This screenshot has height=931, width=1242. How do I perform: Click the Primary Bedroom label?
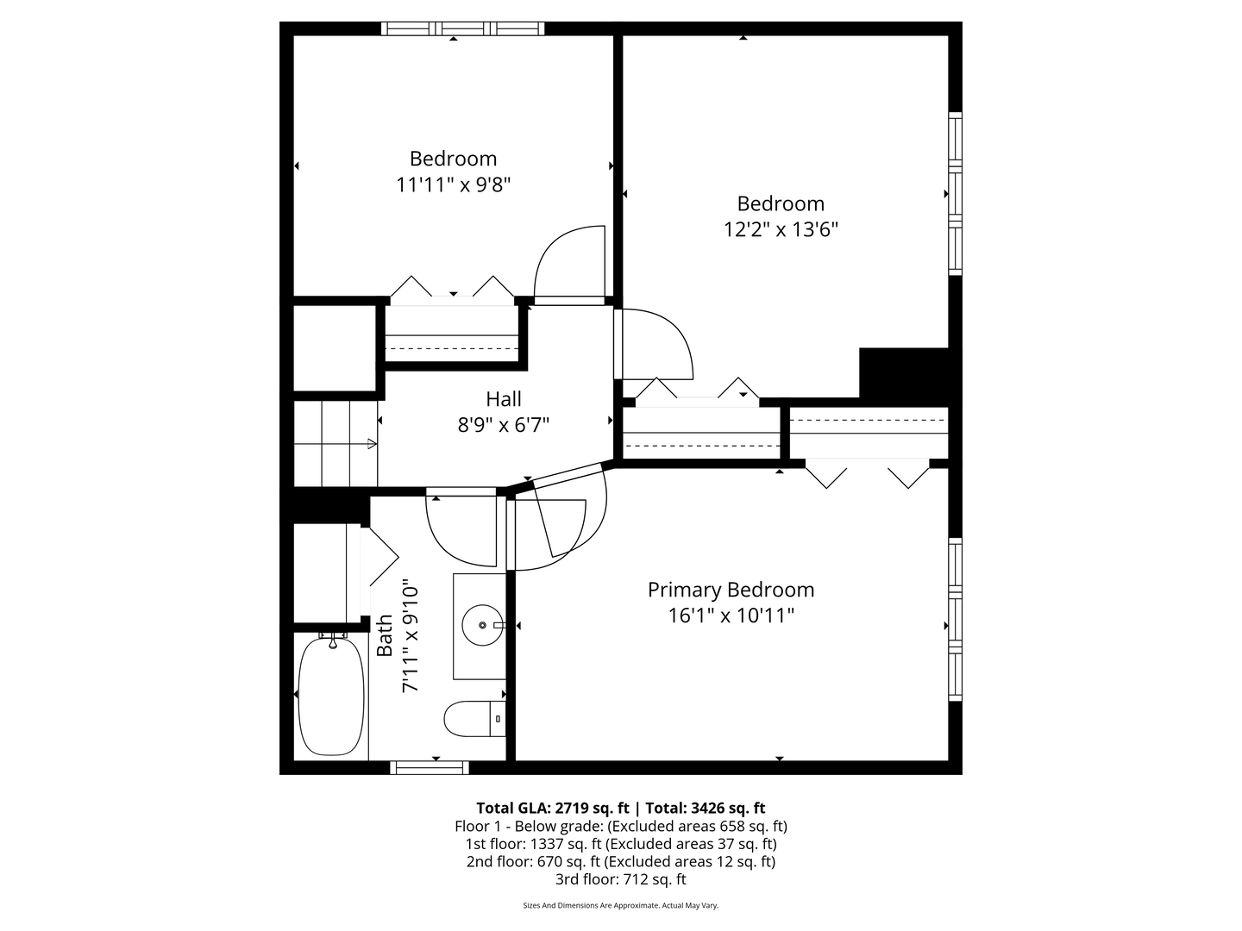(x=731, y=590)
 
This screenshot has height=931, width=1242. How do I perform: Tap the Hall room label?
(x=503, y=399)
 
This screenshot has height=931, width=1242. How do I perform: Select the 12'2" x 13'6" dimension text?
(x=781, y=229)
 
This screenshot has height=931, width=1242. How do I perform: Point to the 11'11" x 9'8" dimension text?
(x=453, y=184)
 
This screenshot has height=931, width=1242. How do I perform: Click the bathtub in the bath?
(x=331, y=696)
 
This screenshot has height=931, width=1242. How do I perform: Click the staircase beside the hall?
(x=335, y=444)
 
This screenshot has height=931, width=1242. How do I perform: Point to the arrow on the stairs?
(x=372, y=444)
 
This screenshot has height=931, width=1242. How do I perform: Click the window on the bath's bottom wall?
(x=430, y=767)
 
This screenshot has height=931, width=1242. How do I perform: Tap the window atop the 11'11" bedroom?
(x=463, y=28)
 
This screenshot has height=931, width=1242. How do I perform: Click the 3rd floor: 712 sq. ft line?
(x=620, y=879)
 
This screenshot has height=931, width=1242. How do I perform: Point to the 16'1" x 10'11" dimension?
(x=731, y=615)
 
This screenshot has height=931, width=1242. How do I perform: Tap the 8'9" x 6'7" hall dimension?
(x=503, y=425)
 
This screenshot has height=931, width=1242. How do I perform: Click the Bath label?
(x=385, y=635)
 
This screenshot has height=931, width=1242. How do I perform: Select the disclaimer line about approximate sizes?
(x=620, y=905)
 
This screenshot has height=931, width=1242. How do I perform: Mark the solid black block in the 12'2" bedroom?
(x=904, y=372)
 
